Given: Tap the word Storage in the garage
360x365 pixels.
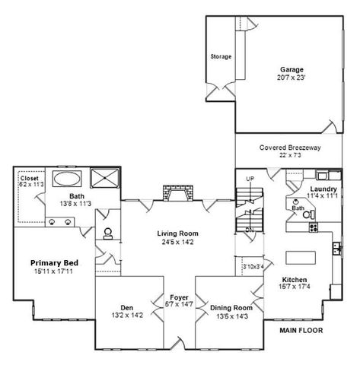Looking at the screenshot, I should click(221, 57).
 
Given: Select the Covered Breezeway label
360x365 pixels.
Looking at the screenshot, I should click(289, 147).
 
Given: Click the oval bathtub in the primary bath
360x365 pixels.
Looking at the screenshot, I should click(68, 179).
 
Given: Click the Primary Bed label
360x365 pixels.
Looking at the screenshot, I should click(56, 263).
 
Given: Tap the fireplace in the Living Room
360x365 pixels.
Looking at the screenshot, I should click(177, 194).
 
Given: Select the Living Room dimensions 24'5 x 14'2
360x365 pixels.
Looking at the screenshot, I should click(177, 243).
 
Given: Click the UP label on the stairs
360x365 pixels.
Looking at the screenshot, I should click(250, 179).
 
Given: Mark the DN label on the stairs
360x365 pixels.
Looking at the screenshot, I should click(249, 227).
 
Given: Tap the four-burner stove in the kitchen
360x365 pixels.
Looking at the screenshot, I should click(336, 246).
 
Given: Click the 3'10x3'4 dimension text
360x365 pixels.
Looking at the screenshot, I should click(253, 266).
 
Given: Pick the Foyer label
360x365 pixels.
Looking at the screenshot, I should click(177, 299).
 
